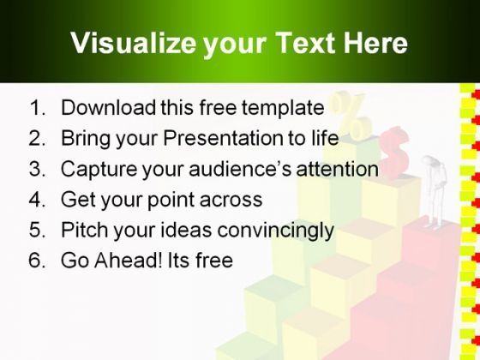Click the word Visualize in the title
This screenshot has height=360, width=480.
pos(133,43)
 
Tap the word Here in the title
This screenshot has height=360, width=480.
pos(375,43)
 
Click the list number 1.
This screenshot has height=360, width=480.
pos(37,107)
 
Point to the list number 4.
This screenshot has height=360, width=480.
pos(37,199)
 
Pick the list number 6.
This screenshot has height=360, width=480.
pos(37,261)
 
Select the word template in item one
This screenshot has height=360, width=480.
pos(283,108)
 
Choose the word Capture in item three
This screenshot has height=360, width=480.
pos(99,170)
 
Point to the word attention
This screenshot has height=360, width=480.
pos(338,169)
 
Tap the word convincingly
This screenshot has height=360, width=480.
pos(275,231)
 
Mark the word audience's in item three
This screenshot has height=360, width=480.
pos(240,169)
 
